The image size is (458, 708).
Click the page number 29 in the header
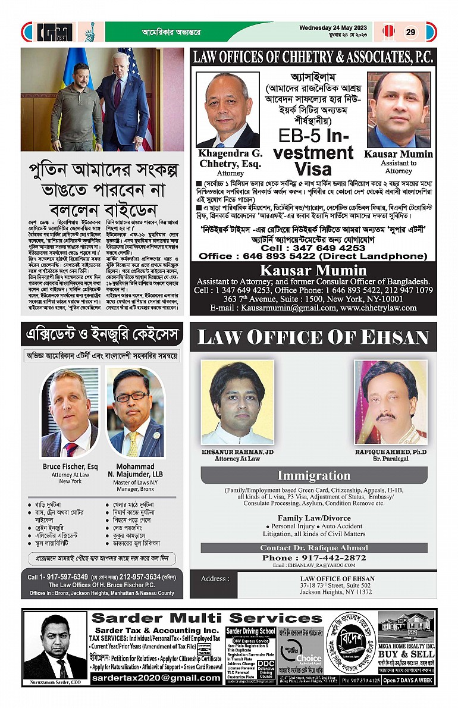coord(411,32)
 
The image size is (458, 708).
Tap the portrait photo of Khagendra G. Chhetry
coord(228,111)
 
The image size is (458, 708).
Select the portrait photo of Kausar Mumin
coord(398,111)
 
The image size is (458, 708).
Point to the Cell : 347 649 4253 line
coord(313,248)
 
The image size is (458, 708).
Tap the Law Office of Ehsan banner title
coord(313,337)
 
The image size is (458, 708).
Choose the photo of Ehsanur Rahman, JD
coord(238,402)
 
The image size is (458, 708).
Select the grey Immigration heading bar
coord(313,475)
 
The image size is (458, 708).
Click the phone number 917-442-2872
coord(314,557)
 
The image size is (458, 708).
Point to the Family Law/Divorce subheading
coord(313,518)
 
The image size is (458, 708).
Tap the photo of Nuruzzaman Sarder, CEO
coord(56,646)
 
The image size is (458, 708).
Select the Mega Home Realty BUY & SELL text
coord(407,653)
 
